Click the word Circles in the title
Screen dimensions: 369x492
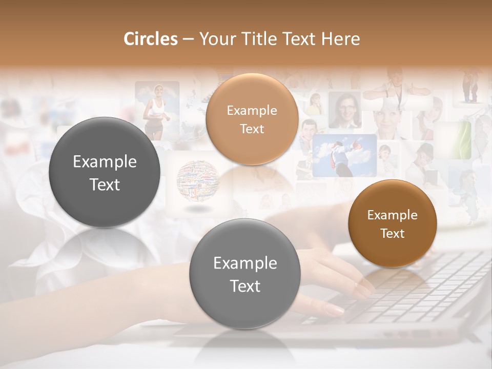pos(150,39)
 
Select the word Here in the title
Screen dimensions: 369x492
pos(341,39)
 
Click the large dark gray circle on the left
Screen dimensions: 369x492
pos(105,172)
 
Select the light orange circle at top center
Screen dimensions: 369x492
pos(252,119)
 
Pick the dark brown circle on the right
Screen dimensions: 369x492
pos(393,223)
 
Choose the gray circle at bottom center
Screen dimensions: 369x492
pos(245,274)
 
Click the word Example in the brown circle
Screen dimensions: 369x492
pos(393,215)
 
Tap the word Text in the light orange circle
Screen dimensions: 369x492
pos(252,129)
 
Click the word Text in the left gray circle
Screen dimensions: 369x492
pos(105,184)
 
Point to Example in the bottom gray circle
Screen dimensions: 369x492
pos(245,263)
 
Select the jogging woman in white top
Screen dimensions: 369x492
pos(156,110)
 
